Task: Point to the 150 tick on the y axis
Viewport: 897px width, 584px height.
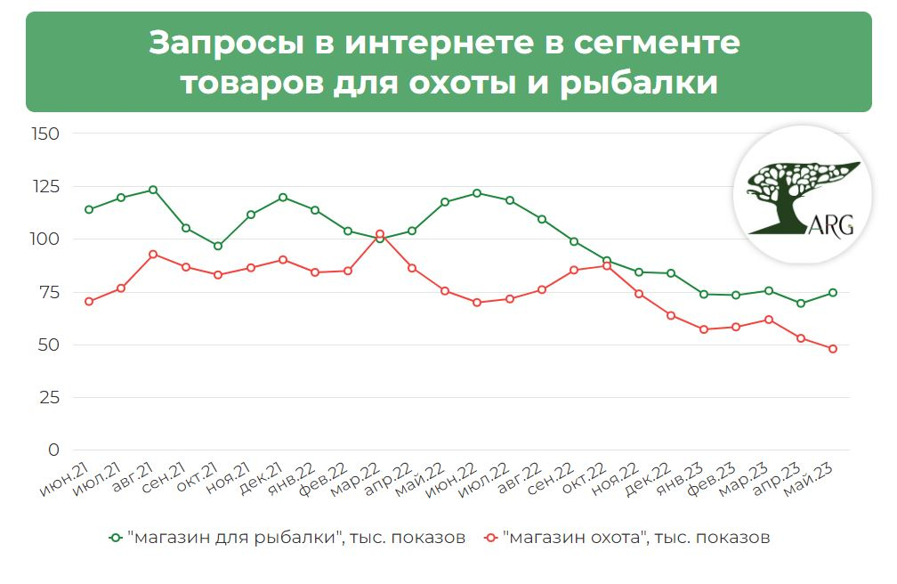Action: click(x=44, y=134)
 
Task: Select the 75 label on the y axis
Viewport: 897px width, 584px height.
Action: click(x=48, y=292)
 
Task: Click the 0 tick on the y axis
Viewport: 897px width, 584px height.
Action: click(x=53, y=450)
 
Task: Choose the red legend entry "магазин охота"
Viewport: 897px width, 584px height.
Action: click(x=626, y=538)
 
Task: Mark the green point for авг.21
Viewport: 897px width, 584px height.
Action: click(x=153, y=190)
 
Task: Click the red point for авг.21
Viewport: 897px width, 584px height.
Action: click(x=153, y=254)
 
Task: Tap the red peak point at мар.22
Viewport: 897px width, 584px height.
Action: click(x=379, y=234)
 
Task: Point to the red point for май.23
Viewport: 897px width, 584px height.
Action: click(x=833, y=349)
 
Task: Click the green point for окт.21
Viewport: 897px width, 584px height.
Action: click(x=218, y=246)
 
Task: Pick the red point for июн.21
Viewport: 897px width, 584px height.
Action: click(x=88, y=302)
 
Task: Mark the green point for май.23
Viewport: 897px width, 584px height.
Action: click(x=833, y=293)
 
